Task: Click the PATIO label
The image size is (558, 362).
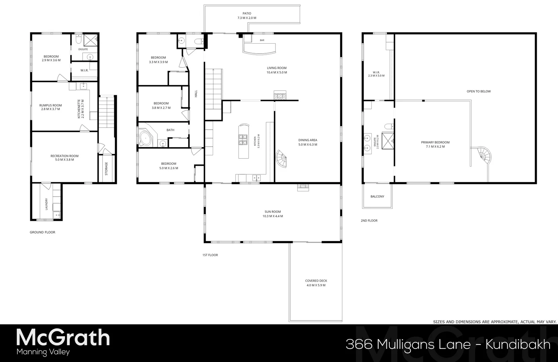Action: [247, 13]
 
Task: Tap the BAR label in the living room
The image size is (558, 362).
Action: [262, 40]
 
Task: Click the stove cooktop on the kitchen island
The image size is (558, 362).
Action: [243, 139]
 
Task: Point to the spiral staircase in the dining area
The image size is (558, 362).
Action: [281, 159]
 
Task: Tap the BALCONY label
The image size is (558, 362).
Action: [377, 196]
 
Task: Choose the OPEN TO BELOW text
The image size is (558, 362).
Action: [478, 91]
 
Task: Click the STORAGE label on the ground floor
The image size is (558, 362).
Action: [106, 169]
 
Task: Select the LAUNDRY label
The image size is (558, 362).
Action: [46, 204]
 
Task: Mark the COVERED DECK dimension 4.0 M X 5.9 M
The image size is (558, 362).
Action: [316, 285]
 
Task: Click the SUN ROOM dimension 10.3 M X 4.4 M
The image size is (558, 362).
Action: [272, 216]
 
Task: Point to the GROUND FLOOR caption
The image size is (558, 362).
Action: [42, 232]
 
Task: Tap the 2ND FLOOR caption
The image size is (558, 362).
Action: [369, 221]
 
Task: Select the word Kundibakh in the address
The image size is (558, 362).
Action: [518, 344]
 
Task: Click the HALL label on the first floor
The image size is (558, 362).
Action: [196, 94]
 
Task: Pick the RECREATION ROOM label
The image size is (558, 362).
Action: [64, 156]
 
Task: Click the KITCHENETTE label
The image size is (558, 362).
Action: [79, 109]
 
